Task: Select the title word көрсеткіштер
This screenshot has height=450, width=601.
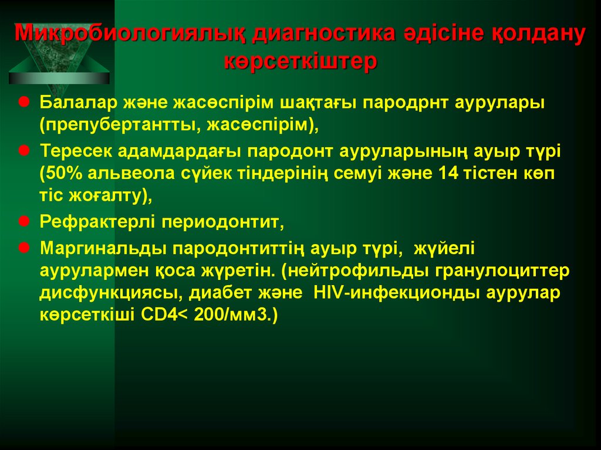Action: (300, 62)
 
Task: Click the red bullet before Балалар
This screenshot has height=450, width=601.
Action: (26, 101)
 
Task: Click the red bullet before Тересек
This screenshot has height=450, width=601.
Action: (26, 151)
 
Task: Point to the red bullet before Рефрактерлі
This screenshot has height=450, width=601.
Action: (26, 222)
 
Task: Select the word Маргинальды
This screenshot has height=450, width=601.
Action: (103, 249)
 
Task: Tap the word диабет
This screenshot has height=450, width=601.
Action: (225, 294)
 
